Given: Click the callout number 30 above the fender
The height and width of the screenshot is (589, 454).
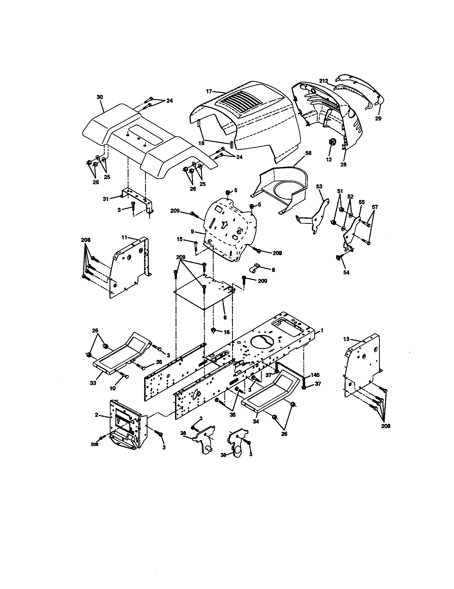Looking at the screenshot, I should tap(100, 97).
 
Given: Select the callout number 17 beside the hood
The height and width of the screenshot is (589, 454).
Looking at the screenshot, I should tap(209, 91).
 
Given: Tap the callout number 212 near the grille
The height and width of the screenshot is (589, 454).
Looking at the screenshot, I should tap(324, 81).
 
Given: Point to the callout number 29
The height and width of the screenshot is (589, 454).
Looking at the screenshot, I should tap(378, 118).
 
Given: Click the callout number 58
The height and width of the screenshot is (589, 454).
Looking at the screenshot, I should tap(308, 153).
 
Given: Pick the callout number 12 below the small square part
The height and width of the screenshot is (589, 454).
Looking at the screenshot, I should tap(329, 159).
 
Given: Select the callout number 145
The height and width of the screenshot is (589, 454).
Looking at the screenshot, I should tap(315, 375).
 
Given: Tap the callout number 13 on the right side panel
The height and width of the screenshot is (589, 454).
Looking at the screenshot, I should tap(346, 339).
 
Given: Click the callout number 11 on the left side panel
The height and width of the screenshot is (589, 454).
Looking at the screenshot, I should tap(124, 237).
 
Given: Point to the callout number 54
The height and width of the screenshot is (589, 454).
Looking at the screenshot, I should tap(346, 273).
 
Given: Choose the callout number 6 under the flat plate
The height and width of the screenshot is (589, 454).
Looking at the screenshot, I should tap(225, 318).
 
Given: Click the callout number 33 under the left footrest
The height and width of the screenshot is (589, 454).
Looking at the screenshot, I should tap(93, 383).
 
